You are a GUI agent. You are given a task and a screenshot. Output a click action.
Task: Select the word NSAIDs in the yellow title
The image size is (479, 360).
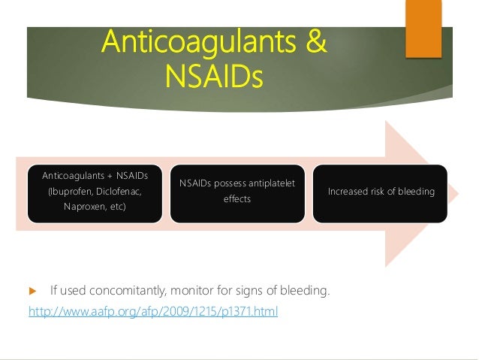click(x=215, y=76)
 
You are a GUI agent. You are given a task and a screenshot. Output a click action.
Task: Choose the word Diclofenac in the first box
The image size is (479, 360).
click(x=119, y=191)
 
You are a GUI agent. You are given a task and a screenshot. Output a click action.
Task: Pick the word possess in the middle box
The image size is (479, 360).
click(x=225, y=183)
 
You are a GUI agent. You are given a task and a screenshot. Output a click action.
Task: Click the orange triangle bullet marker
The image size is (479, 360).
click(x=32, y=290)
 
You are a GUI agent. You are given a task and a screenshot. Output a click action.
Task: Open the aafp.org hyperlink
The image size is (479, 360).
click(x=152, y=310)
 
